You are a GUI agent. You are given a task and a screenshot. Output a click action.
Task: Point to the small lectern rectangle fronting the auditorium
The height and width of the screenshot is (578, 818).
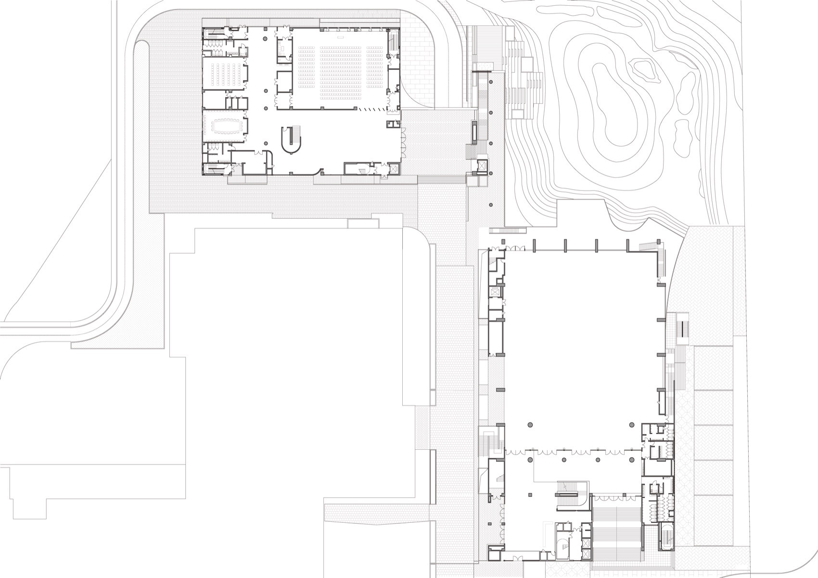[x=340, y=37]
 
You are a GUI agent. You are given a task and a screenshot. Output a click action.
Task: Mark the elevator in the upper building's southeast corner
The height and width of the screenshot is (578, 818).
[x=393, y=169]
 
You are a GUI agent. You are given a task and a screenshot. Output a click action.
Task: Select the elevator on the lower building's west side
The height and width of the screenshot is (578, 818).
[x=494, y=292]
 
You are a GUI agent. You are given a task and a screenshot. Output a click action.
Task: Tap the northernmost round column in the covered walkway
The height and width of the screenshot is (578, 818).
[x=490, y=83]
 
